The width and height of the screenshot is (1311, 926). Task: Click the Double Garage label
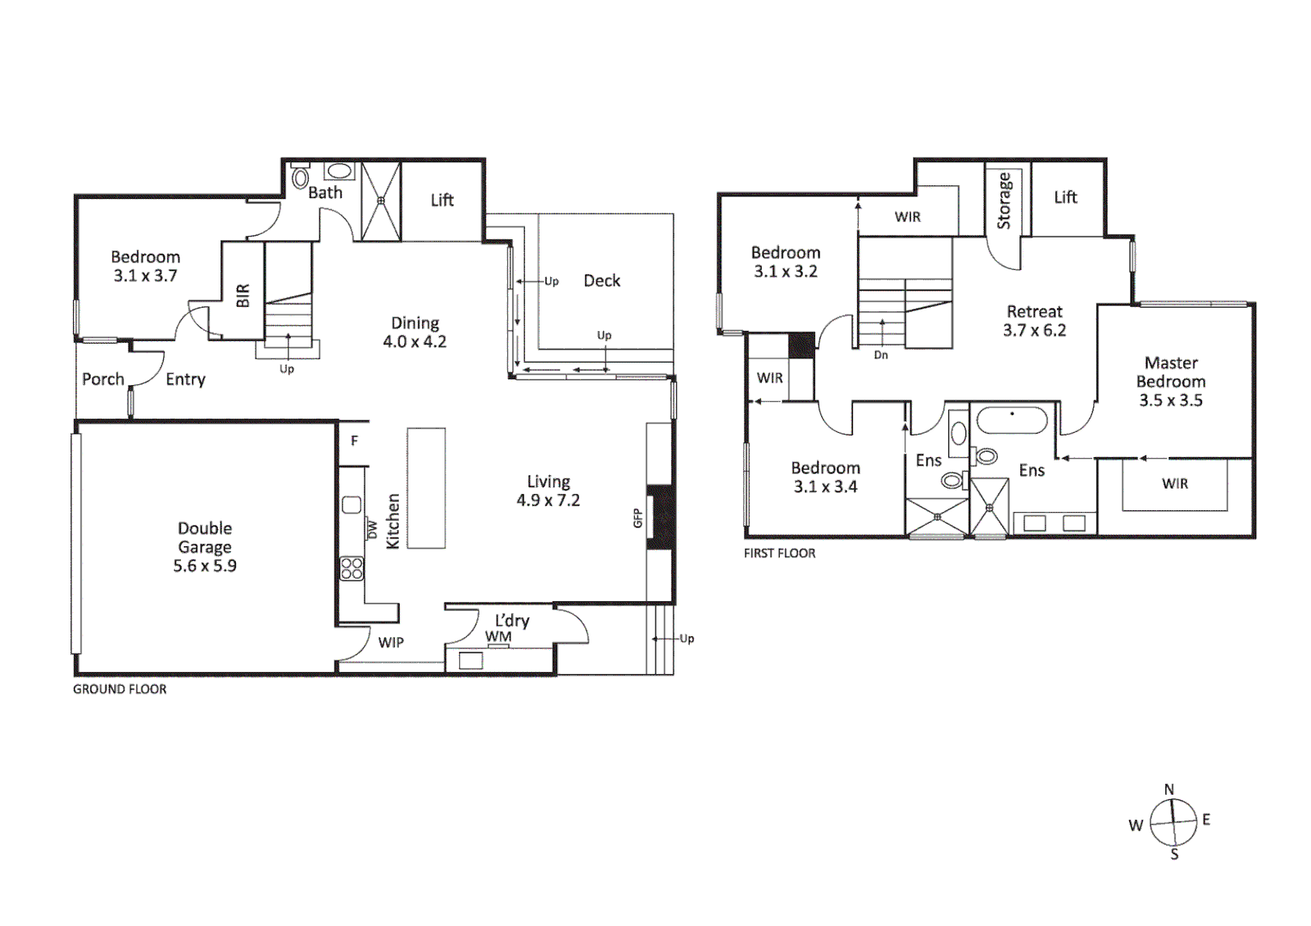click(x=204, y=538)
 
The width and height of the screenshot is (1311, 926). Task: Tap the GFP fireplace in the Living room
click(x=660, y=518)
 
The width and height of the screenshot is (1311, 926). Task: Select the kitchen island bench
click(x=426, y=488)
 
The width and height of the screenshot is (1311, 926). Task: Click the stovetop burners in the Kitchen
click(x=352, y=568)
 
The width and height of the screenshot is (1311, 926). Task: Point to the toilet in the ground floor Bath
click(x=300, y=178)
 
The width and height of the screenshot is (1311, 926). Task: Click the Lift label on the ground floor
click(x=442, y=200)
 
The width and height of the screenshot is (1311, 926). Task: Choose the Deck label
click(x=601, y=280)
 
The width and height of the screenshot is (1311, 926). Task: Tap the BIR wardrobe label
click(x=243, y=296)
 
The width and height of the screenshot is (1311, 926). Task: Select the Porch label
click(x=103, y=379)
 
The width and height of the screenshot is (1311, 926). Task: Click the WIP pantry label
click(x=390, y=642)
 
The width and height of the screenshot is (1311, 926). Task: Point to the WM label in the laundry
click(x=498, y=636)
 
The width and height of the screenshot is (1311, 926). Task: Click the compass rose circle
click(x=1173, y=822)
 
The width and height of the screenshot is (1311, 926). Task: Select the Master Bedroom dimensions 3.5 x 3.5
click(x=1170, y=400)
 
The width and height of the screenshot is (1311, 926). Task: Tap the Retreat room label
click(x=1034, y=311)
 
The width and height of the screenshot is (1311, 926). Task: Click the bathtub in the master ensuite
click(x=1012, y=421)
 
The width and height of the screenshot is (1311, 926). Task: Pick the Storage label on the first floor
click(x=1004, y=201)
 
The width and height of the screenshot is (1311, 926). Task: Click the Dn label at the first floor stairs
click(x=881, y=355)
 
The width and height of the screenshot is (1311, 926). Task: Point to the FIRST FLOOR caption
click(x=779, y=553)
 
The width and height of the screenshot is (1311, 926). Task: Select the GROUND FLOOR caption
click(x=119, y=688)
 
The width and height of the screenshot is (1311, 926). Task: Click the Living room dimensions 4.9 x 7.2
click(x=548, y=500)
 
